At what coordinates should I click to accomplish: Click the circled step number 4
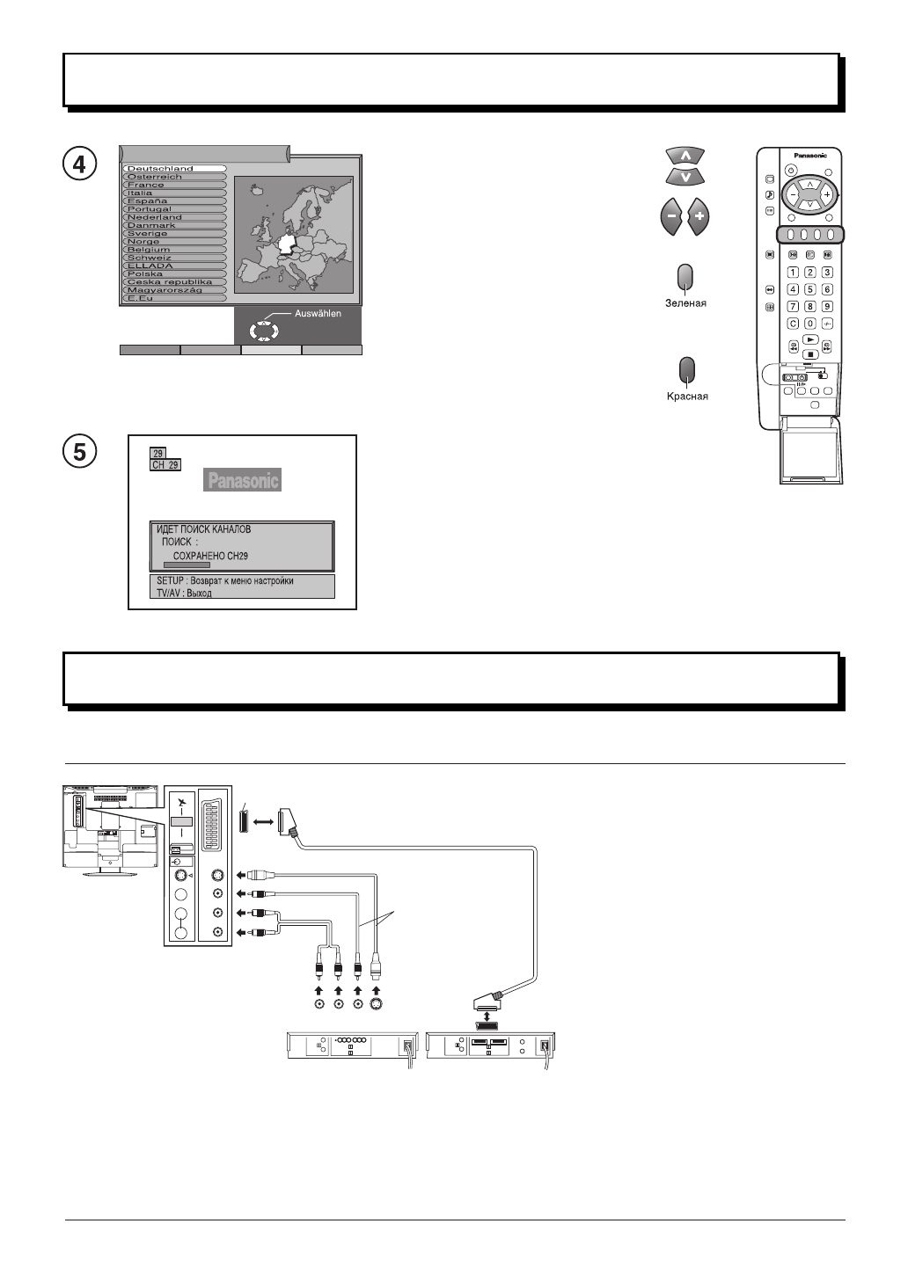point(80,164)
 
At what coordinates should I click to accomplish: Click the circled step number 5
point(80,452)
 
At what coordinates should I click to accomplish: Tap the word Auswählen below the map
point(318,313)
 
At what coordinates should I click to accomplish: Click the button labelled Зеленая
point(686,277)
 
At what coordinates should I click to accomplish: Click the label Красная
point(686,397)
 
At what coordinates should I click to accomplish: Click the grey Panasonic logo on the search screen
point(243,480)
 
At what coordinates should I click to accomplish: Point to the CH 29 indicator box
point(165,464)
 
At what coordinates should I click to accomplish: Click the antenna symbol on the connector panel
point(181,803)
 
